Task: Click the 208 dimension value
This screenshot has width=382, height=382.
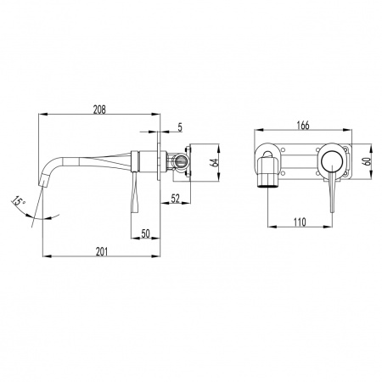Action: point(99,110)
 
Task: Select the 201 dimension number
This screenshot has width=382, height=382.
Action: point(102,251)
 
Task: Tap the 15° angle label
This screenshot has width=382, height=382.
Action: point(19,201)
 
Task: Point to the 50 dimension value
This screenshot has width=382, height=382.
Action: point(145,233)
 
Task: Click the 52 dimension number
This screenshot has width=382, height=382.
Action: point(176,199)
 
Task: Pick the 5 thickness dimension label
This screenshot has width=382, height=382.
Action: point(180,127)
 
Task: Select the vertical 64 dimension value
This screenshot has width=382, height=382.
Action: point(215,162)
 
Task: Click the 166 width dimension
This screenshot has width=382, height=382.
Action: point(303,125)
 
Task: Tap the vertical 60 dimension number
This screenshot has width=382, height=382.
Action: point(368,161)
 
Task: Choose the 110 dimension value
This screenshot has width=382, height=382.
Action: point(300,222)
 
